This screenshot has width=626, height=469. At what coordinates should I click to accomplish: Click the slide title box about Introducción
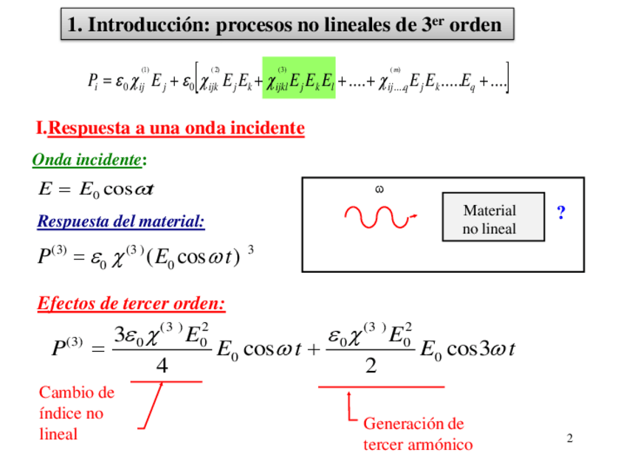coord(286,25)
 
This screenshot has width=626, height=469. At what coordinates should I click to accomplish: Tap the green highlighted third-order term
coord(299,77)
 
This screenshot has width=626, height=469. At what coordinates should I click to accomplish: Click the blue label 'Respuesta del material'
coord(121,220)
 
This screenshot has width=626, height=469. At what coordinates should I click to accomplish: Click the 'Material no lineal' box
coord(493,219)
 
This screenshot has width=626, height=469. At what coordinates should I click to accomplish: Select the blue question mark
coord(561,214)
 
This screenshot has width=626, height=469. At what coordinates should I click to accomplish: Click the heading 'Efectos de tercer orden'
coord(131,304)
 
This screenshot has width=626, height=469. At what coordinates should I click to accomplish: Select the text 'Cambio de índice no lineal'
coord(76,413)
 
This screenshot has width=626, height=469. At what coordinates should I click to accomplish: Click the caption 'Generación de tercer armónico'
coord(417,434)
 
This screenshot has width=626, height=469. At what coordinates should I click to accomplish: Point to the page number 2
coord(569,439)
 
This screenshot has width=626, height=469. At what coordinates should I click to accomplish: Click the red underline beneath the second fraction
coord(381,386)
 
